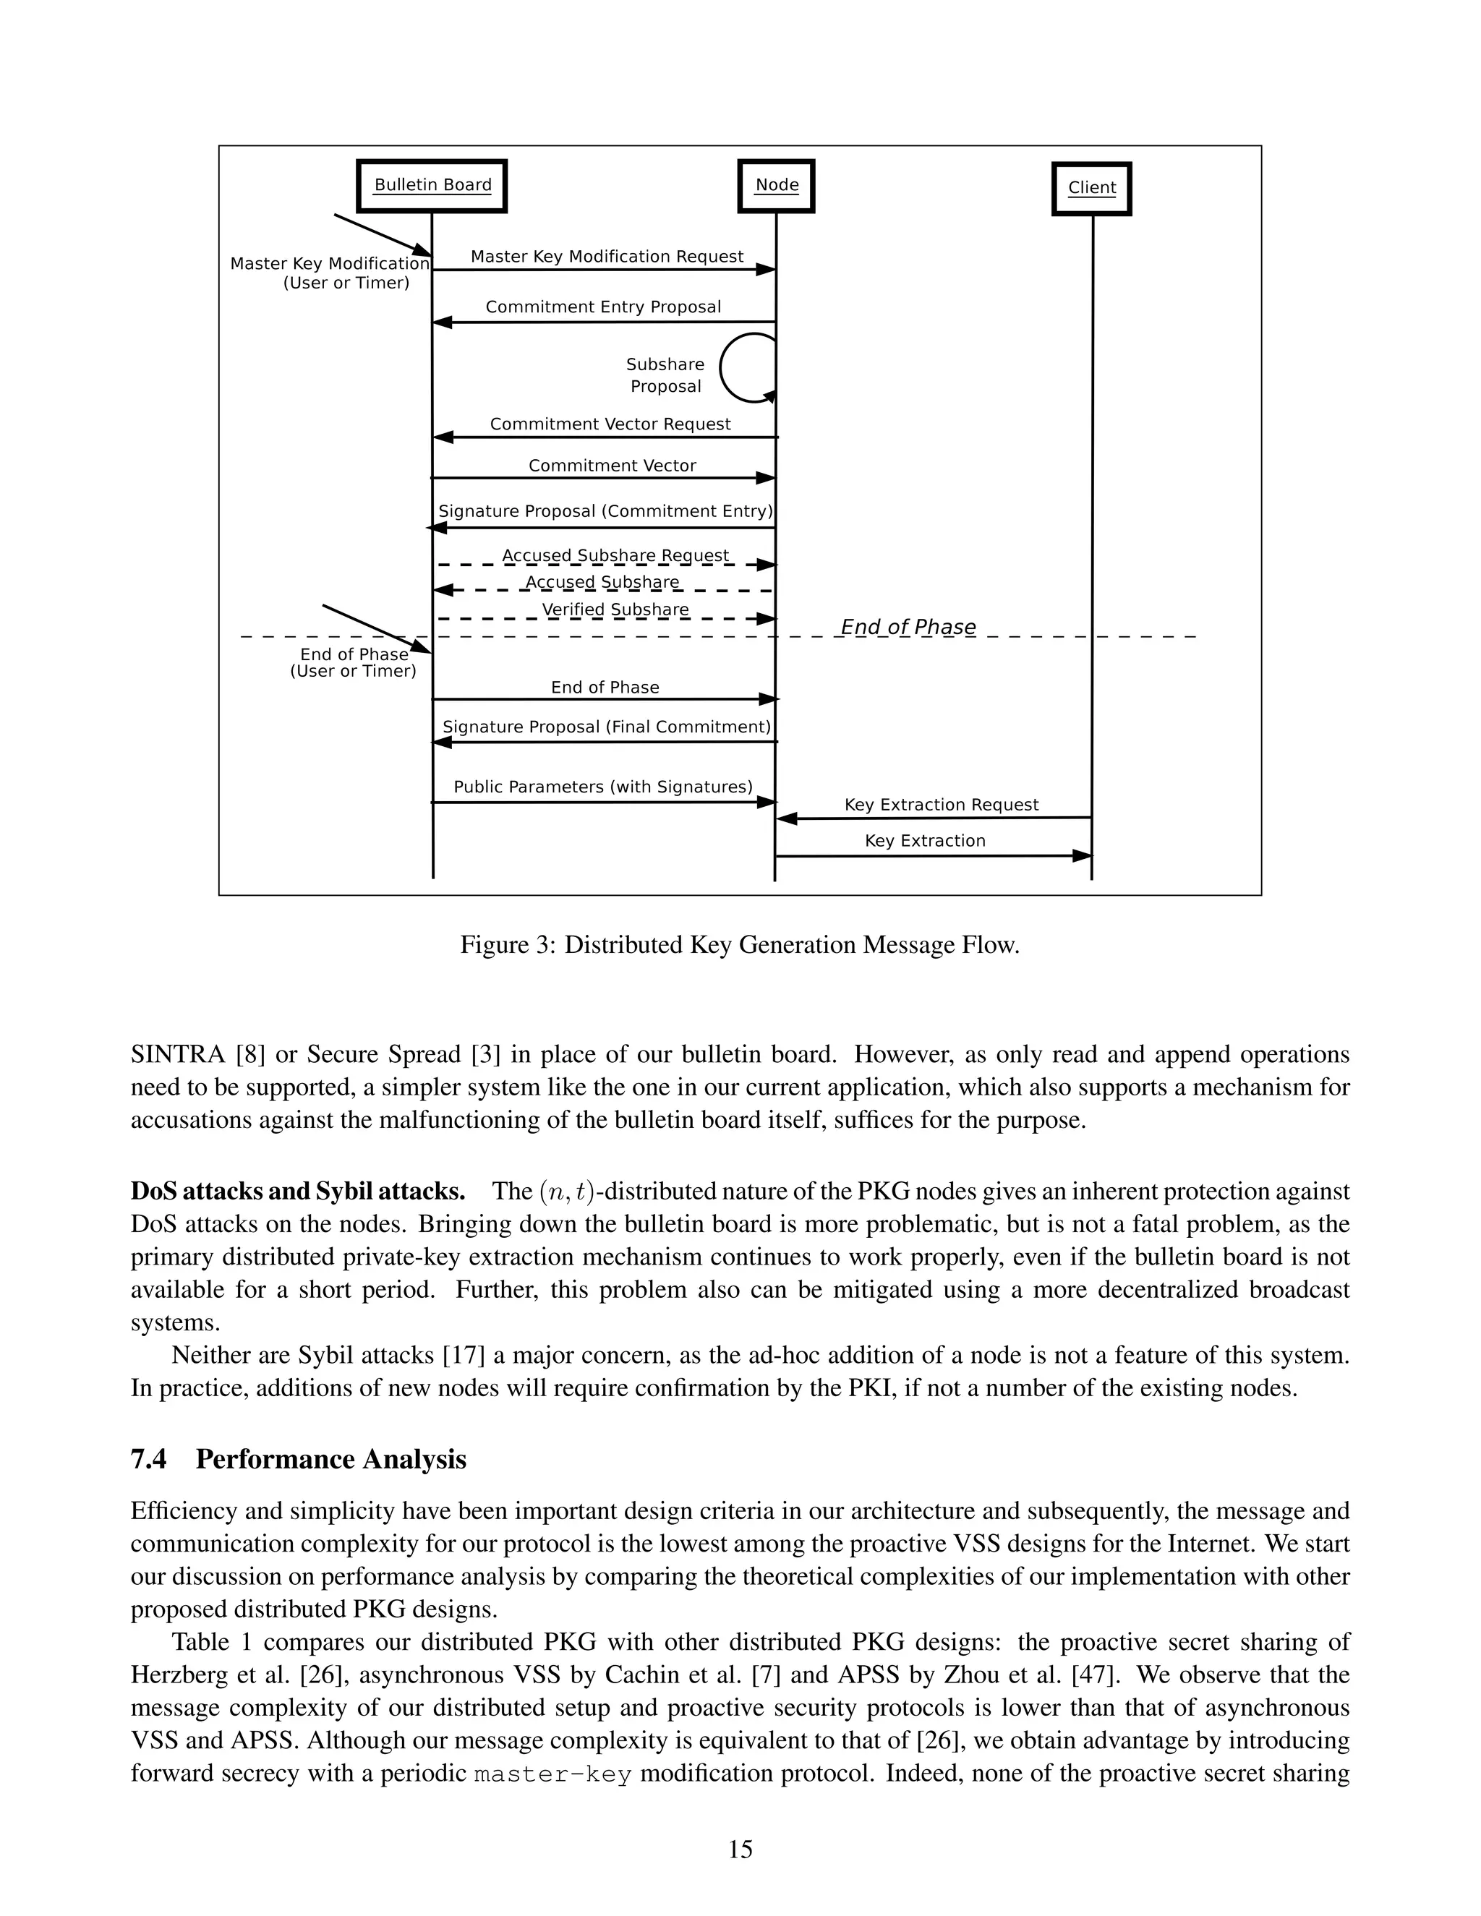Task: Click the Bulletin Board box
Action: [432, 185]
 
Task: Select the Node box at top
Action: [777, 185]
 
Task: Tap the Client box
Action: [1091, 188]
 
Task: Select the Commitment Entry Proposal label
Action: [603, 307]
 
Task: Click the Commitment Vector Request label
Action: [610, 424]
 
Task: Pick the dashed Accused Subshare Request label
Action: [615, 555]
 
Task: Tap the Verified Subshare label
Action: [615, 609]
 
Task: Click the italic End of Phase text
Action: [908, 628]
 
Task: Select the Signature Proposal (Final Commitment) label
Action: [606, 727]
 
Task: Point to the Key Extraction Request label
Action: [941, 805]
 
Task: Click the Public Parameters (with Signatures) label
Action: [603, 787]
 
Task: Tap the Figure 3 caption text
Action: [740, 945]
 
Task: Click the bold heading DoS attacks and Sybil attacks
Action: [297, 1192]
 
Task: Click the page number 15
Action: [740, 1849]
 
